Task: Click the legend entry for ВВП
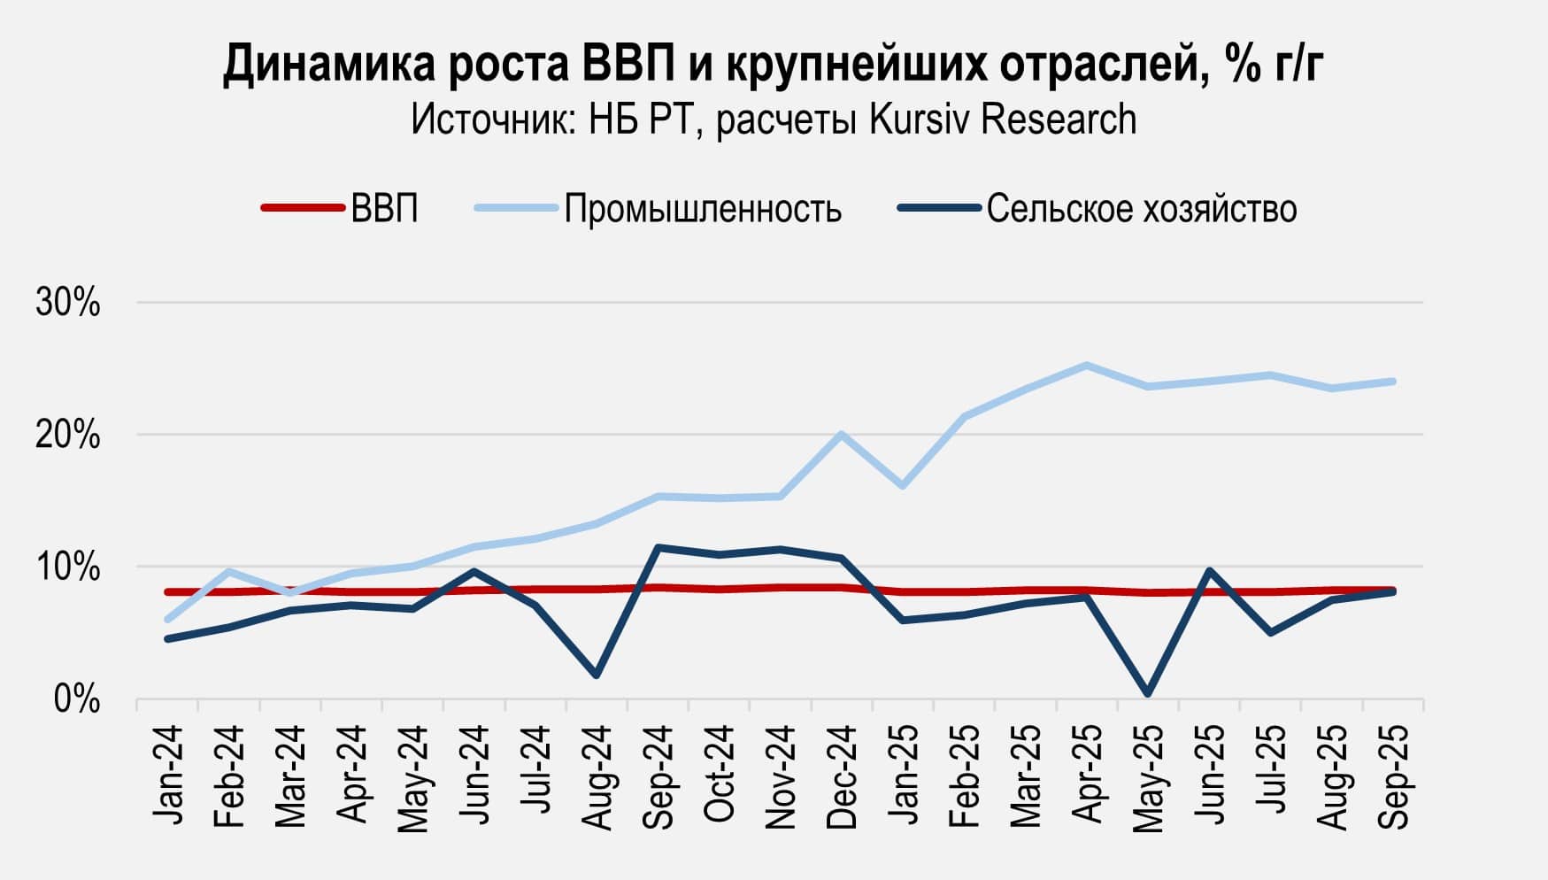(x=384, y=209)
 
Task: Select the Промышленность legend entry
(x=703, y=209)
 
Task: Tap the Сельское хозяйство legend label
(x=1142, y=209)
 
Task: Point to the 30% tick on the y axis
(x=68, y=304)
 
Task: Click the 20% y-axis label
(x=68, y=436)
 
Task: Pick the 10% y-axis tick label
(x=68, y=567)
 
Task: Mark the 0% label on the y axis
(x=77, y=699)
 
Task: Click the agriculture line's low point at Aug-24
(x=597, y=675)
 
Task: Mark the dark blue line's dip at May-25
(x=1148, y=693)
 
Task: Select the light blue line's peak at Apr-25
(x=1087, y=365)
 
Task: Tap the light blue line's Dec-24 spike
(x=842, y=434)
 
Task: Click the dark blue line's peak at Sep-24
(x=658, y=547)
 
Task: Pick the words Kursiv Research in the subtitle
(x=1003, y=120)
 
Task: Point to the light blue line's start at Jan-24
(x=167, y=620)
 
